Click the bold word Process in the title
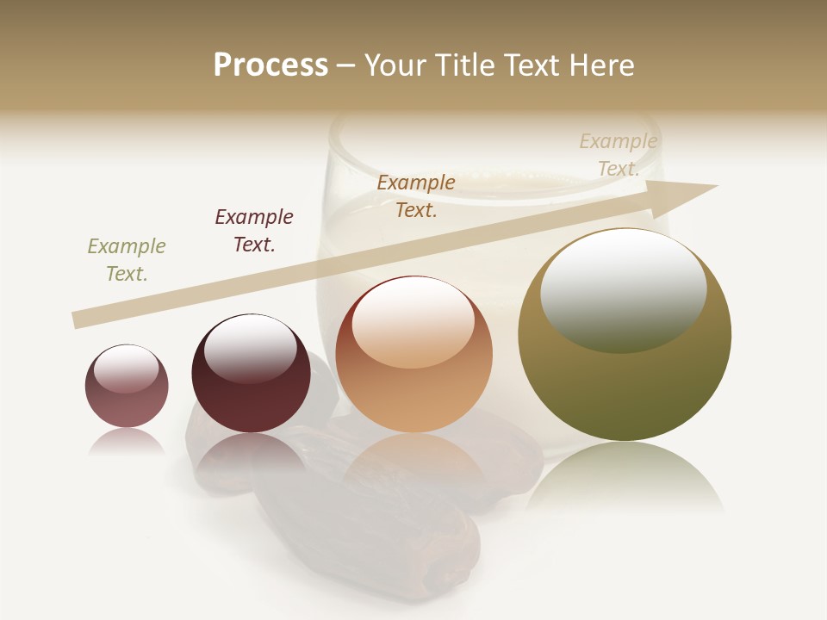[270, 65]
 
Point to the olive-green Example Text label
[127, 259]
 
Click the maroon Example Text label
[254, 230]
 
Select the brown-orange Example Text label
[416, 195]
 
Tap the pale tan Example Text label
[619, 155]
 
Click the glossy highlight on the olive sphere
[623, 288]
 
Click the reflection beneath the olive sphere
[625, 478]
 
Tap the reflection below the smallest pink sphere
[127, 441]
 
